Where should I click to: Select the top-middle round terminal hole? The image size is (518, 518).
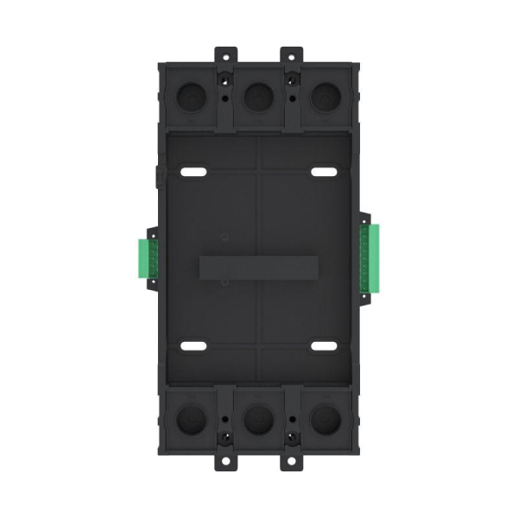258,96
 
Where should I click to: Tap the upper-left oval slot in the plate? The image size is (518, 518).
193,173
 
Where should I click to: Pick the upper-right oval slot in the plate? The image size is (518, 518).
324,173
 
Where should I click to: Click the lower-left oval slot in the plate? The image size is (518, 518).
193,346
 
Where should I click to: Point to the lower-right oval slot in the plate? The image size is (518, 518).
324,346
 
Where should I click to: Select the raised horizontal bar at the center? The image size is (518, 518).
258,267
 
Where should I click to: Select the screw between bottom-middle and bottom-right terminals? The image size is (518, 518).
292,435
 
